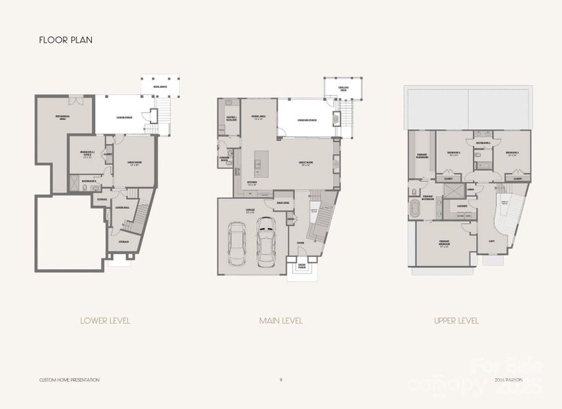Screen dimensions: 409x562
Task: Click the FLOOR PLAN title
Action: click(x=65, y=40)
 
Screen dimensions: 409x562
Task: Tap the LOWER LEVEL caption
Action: click(x=105, y=320)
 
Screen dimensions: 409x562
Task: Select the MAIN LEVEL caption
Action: click(x=281, y=320)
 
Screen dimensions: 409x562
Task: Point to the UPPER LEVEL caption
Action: click(x=456, y=320)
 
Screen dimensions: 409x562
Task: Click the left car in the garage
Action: click(x=238, y=243)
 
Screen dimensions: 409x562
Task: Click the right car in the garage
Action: click(x=265, y=247)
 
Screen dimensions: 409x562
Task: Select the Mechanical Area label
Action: click(x=64, y=117)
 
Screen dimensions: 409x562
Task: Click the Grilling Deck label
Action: click(x=343, y=89)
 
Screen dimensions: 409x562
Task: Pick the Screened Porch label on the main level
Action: click(x=307, y=120)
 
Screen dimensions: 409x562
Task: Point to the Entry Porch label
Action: click(x=301, y=267)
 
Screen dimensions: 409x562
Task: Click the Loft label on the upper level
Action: click(x=492, y=241)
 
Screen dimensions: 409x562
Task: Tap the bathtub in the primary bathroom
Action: click(x=415, y=209)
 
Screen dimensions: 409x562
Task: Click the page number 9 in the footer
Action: click(x=281, y=379)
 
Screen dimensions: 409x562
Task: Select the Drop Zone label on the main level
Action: click(x=283, y=202)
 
